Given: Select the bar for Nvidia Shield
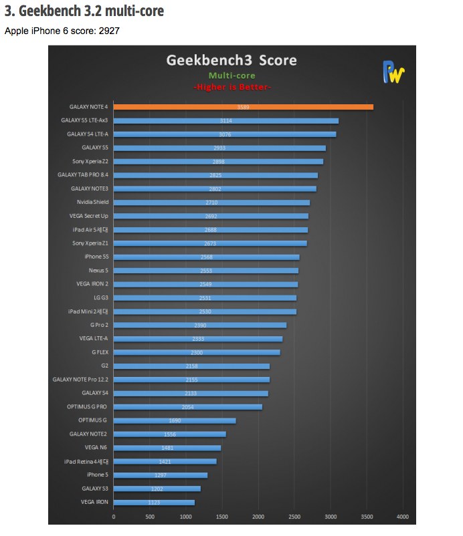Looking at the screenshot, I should [211, 203].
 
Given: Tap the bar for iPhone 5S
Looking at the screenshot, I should [206, 257].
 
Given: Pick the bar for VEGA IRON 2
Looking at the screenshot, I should [205, 285].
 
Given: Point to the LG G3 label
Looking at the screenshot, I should [100, 298].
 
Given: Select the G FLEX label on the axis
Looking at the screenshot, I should [100, 352].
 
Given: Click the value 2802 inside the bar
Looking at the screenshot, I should [214, 189].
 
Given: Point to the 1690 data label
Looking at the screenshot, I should [175, 421].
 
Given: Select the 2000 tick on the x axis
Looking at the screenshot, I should [258, 517].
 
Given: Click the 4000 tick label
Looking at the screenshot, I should [402, 517].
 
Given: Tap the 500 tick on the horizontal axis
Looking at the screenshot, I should [149, 517].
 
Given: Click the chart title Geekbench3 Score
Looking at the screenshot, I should [231, 61].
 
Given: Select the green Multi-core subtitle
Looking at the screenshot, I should [231, 76].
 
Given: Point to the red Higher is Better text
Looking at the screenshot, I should [232, 88].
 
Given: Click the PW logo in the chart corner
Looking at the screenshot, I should [393, 72].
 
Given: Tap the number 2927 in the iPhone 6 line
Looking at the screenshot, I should [108, 31].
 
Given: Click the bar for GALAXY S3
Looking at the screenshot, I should [157, 489].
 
